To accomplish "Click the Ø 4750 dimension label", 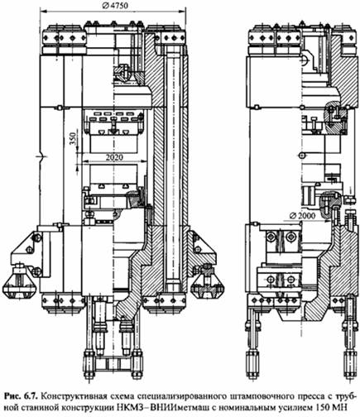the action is point(115,6).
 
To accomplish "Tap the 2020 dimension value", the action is point(114,157).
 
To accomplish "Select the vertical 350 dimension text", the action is point(72,140).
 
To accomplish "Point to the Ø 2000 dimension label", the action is point(303,215).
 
